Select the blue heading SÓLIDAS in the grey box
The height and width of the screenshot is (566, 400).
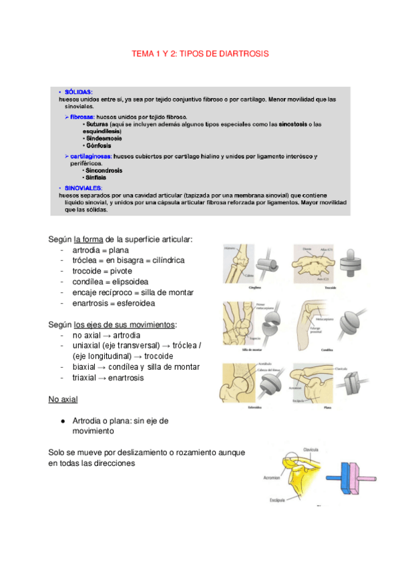78,92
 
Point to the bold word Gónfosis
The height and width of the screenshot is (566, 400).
99,145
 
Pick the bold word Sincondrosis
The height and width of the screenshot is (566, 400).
104,170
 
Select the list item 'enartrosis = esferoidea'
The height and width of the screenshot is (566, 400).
114,303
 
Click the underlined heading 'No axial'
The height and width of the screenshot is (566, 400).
63,399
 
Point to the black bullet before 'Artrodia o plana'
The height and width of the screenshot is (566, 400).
61,421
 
